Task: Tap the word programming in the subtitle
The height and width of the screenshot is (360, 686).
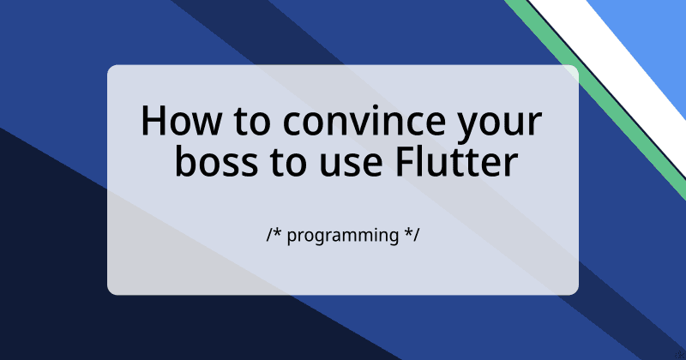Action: pyautogui.click(x=342, y=235)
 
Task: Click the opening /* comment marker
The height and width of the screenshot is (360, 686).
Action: pyautogui.click(x=274, y=234)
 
